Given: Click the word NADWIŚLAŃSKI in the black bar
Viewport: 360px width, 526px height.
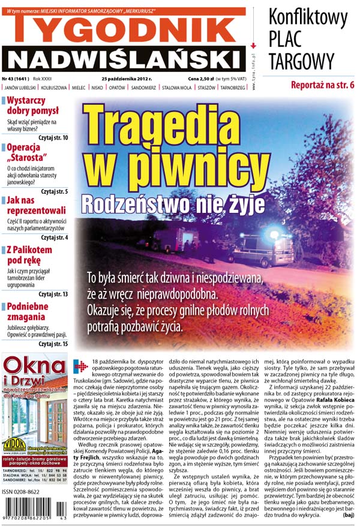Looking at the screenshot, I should click(x=125, y=59).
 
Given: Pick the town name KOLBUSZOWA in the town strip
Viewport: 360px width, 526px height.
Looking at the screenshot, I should click(x=53, y=88).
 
